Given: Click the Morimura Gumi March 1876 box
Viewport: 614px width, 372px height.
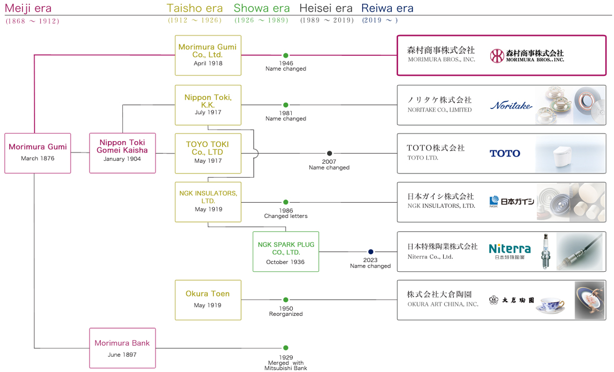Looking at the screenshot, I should click(38, 153).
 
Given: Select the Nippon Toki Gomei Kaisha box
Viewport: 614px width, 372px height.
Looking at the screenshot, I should click(122, 153).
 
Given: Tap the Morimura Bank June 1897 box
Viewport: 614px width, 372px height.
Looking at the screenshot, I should click(122, 348).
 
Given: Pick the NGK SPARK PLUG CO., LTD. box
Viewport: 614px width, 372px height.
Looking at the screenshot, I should click(286, 251).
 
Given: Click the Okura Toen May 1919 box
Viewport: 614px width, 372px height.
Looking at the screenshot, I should click(208, 299).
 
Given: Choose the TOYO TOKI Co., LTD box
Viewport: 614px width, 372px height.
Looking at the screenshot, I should click(208, 153).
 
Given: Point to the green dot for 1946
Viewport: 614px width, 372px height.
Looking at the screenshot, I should click(286, 55).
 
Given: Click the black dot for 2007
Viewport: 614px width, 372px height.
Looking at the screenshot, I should click(330, 154).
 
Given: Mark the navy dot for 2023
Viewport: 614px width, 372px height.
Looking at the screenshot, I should click(370, 252).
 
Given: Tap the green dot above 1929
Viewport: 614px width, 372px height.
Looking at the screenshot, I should click(286, 348).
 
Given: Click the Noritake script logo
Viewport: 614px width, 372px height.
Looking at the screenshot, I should click(511, 105).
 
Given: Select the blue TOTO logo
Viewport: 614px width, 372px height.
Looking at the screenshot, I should click(505, 154).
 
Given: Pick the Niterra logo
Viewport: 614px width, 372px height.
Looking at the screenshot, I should click(510, 250).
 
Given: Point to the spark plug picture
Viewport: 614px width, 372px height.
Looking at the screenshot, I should click(546, 251).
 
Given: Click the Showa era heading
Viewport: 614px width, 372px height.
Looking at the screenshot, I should click(261, 8).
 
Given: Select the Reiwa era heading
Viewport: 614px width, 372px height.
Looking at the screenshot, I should click(387, 8).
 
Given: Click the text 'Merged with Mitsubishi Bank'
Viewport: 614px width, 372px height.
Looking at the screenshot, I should click(286, 365).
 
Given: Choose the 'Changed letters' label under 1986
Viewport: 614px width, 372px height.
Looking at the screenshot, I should click(286, 216).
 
